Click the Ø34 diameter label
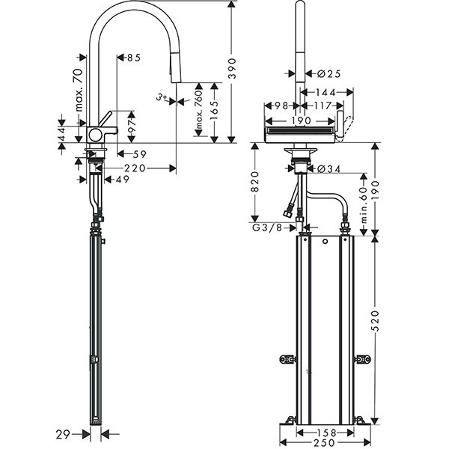coord(327,169)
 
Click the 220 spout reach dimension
coord(135,168)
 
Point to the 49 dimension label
coord(121,179)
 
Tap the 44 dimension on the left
coord(63,132)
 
